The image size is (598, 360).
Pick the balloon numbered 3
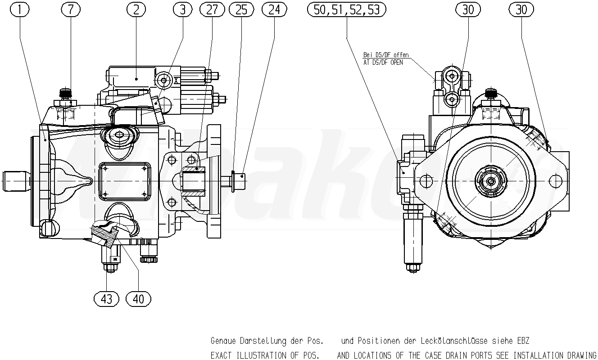[x=182, y=9]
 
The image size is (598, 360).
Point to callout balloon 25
[x=241, y=9]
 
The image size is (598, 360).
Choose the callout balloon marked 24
[x=274, y=9]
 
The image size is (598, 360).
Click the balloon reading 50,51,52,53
[x=346, y=9]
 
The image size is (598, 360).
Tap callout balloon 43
[x=106, y=298]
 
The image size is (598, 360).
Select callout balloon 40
[x=139, y=298]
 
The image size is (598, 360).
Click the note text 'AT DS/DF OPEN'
[x=383, y=63]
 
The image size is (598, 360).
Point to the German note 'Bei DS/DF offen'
[x=386, y=55]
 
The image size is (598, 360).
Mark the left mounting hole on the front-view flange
[x=426, y=181]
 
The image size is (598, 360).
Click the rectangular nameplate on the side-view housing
[x=124, y=180]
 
